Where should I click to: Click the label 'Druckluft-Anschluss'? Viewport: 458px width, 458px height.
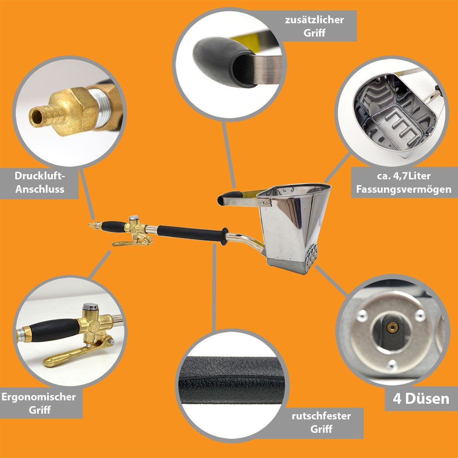pyautogui.click(x=39, y=182)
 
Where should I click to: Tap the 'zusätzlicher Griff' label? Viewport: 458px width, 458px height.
pyautogui.click(x=314, y=26)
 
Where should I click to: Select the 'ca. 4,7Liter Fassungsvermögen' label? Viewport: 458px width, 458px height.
pyautogui.click(x=403, y=182)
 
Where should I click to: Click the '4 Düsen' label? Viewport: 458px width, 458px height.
pyautogui.click(x=421, y=399)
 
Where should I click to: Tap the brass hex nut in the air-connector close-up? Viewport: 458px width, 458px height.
pyautogui.click(x=76, y=111)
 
